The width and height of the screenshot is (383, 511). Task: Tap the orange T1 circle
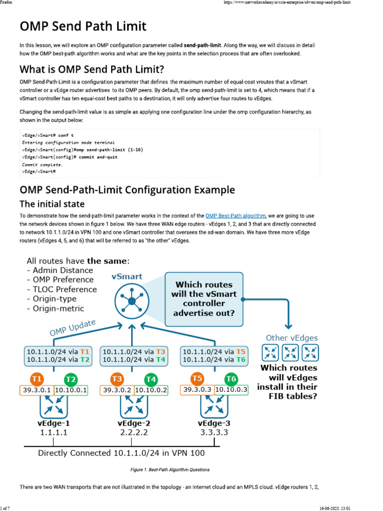click(x=37, y=378)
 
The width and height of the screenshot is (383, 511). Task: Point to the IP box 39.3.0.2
click(x=116, y=390)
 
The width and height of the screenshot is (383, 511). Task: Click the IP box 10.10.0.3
click(x=231, y=390)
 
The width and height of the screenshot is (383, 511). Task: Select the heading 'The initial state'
click(x=52, y=204)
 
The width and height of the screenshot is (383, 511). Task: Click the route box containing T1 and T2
click(x=57, y=355)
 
